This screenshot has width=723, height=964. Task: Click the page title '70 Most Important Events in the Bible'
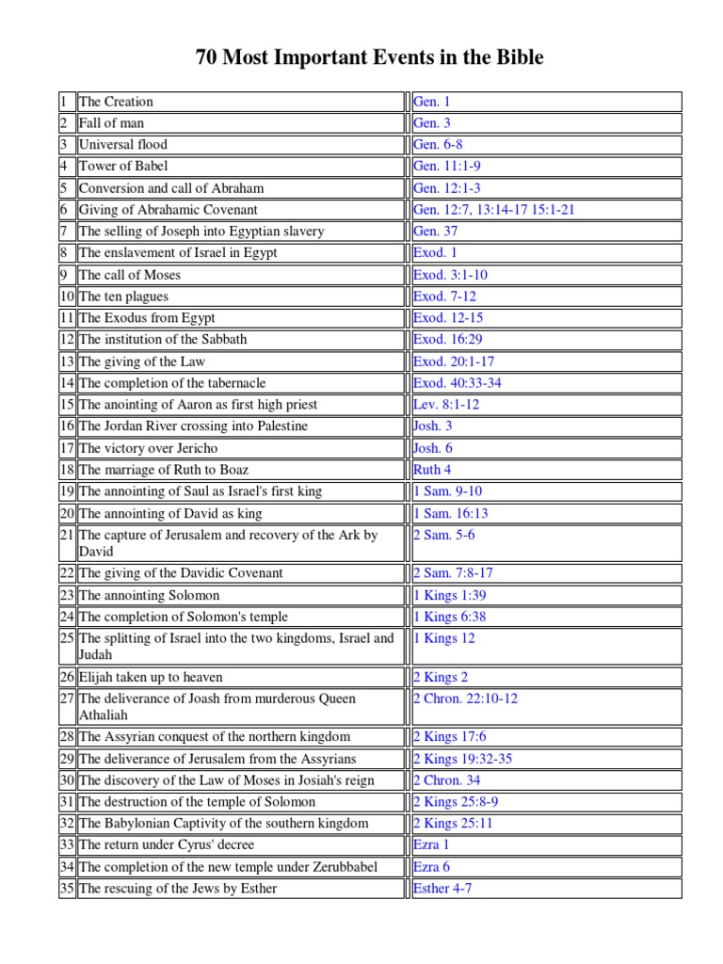(x=369, y=58)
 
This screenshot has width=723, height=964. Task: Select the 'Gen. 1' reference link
(x=431, y=102)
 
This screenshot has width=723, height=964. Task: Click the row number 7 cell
(x=65, y=232)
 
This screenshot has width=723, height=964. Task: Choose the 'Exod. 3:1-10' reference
(x=450, y=275)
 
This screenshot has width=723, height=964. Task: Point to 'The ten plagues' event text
(x=123, y=297)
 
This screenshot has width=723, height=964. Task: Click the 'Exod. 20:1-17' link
(x=454, y=361)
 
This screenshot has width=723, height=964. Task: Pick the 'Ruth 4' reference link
(x=432, y=470)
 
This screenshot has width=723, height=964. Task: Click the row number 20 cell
(x=67, y=513)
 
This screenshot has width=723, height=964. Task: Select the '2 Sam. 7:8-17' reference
(x=454, y=573)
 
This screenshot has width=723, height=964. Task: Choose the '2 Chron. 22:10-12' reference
(x=465, y=699)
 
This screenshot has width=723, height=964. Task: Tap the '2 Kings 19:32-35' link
(x=462, y=759)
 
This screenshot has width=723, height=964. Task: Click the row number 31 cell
(x=67, y=802)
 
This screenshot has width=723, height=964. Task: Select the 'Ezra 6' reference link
(x=431, y=867)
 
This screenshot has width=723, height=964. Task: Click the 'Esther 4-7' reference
(x=442, y=889)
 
